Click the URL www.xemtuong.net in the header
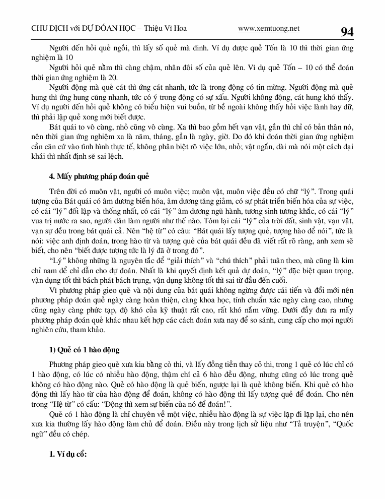click(269, 29)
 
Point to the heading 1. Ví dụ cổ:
click(68, 454)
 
